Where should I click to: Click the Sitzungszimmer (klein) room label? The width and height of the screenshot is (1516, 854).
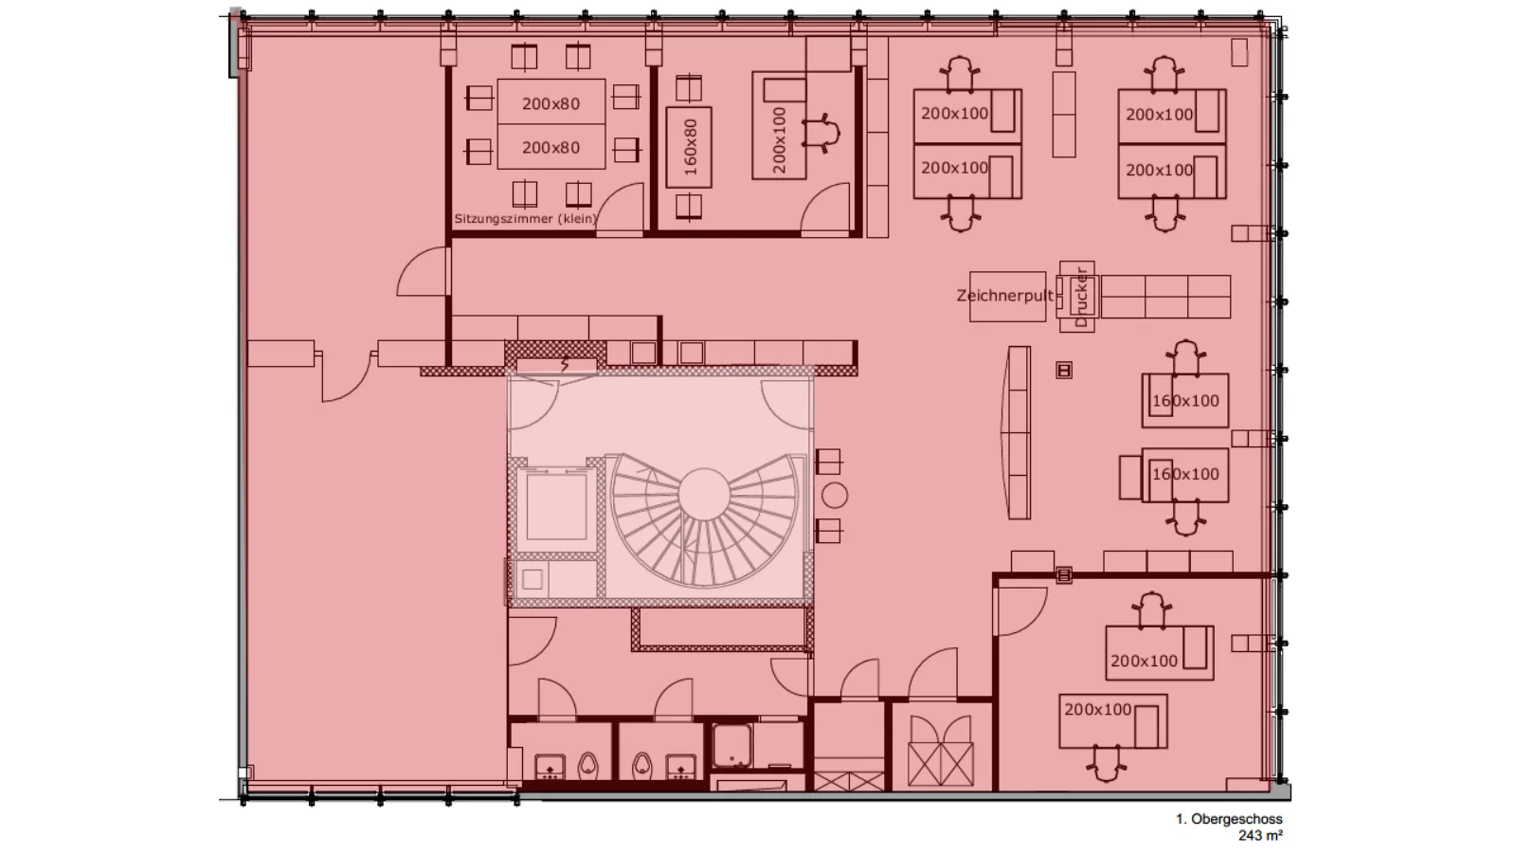coord(526,219)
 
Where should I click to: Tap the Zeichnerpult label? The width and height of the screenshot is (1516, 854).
coord(1005,296)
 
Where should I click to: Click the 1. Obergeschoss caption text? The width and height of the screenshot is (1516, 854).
coord(1228,819)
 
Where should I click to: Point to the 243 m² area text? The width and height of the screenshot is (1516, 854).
coord(1260,836)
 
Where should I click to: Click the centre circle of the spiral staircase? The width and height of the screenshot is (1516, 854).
coord(704,494)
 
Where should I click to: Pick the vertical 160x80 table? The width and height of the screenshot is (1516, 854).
coord(689,147)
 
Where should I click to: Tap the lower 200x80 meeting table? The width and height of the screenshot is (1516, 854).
coord(550,146)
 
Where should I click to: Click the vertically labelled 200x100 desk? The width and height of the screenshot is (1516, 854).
coord(779,126)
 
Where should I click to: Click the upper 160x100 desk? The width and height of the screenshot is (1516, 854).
coord(1185,400)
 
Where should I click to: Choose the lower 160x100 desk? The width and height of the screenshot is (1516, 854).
coord(1185,475)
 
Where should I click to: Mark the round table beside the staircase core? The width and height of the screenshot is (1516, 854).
coord(835,496)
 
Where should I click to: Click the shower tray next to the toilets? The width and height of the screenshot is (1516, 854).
coord(731,745)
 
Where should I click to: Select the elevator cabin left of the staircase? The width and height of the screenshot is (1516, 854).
coord(556,506)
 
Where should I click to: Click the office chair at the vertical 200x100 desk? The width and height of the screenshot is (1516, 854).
coord(821,133)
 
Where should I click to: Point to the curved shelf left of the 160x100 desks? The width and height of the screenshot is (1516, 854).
coord(1017,433)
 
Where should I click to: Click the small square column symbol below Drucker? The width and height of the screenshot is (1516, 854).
coord(1064,370)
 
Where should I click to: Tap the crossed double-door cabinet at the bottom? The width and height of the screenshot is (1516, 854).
coord(941,751)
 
